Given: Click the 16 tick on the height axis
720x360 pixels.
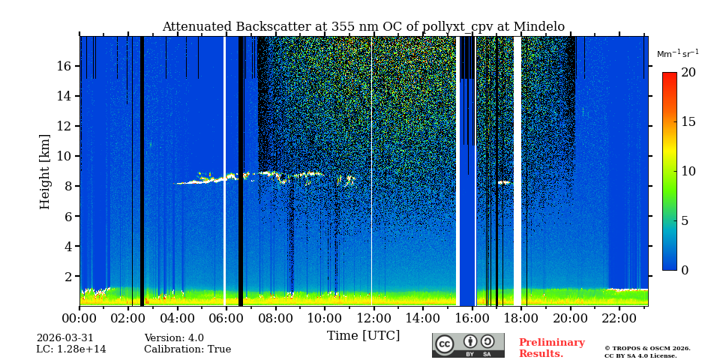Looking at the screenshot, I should pos(64,66).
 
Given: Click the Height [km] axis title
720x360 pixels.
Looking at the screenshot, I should pos(45,171).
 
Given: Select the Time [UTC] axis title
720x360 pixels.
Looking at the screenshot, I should pos(363,336).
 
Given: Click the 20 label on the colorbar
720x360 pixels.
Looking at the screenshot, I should pos(688,73).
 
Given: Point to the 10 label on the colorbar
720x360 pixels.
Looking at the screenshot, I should pos(688,171).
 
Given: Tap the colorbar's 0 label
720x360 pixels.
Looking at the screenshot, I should pos(685,271).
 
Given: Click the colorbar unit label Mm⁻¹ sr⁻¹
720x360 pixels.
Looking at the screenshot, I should pos(677,54).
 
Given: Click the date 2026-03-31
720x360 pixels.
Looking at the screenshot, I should pos(65,338).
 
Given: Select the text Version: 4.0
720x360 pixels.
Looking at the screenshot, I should pos(174,338).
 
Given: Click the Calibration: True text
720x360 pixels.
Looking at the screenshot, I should pos(187,349).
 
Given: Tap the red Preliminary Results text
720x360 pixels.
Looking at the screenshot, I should pos(551,348).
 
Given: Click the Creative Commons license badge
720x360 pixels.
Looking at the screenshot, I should pos(468,345).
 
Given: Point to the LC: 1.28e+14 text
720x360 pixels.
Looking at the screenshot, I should pos(71,349).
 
